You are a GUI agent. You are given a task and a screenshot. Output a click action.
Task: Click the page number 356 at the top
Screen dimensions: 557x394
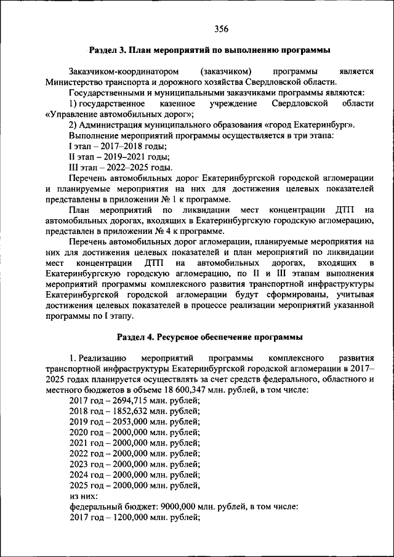pos(221,28)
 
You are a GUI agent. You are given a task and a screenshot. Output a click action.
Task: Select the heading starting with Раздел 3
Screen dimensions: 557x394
pos(210,50)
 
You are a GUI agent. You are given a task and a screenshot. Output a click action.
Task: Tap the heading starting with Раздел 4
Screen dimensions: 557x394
pos(210,337)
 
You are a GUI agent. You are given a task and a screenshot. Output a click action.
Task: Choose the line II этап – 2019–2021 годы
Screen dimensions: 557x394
pos(119,156)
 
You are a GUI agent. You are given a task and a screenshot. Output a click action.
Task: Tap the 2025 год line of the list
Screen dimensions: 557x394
pos(134,485)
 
